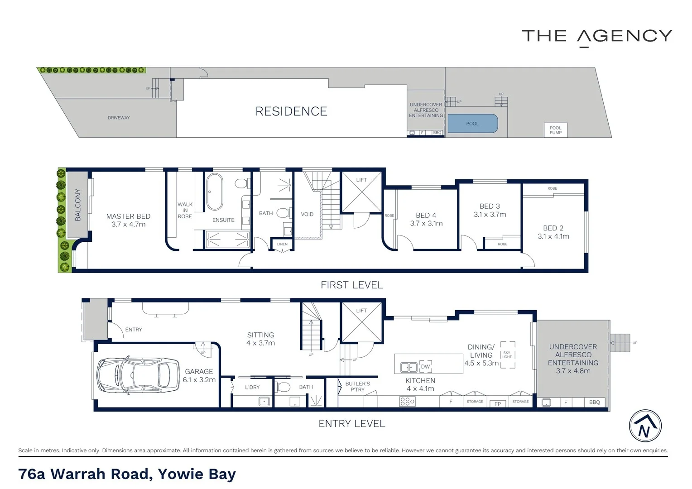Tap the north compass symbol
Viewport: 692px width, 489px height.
click(645, 426)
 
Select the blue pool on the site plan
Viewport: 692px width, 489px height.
click(472, 124)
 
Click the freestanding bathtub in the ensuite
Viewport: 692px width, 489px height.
click(215, 192)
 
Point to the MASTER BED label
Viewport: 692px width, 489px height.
click(128, 216)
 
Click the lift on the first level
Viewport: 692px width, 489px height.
click(361, 193)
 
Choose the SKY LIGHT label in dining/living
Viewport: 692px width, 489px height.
click(506, 355)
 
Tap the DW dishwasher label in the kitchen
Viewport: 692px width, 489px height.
click(425, 367)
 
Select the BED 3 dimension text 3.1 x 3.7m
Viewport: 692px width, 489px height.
click(490, 215)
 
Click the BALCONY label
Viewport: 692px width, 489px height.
click(78, 205)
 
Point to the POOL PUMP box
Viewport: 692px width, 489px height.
click(556, 130)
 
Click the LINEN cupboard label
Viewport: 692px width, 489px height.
click(282, 244)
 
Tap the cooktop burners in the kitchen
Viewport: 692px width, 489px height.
click(407, 401)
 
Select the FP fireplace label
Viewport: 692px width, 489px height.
click(498, 404)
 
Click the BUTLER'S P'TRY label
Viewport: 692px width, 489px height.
click(357, 387)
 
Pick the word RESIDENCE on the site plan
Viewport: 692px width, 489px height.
click(291, 111)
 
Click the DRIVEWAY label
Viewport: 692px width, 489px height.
click(119, 118)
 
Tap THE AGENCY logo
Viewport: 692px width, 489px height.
click(596, 37)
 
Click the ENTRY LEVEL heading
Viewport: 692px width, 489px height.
click(352, 424)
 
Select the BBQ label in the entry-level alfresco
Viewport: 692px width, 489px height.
click(594, 402)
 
